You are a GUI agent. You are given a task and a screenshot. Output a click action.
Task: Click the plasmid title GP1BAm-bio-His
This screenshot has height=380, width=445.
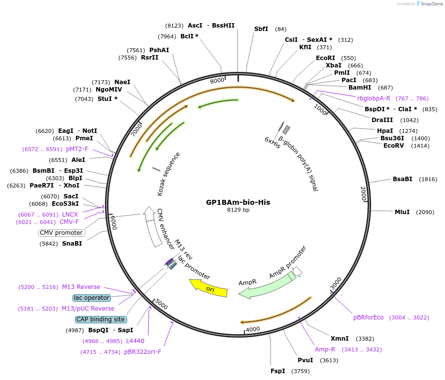click(x=238, y=202)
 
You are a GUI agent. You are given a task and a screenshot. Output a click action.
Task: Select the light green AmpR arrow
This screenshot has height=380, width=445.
click(x=266, y=286)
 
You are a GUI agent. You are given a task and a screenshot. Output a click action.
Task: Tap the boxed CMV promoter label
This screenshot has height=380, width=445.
click(x=62, y=233)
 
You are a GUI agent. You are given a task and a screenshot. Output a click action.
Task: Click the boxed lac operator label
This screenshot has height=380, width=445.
click(x=91, y=298)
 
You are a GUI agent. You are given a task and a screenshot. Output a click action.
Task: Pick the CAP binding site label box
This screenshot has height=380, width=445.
click(x=101, y=319)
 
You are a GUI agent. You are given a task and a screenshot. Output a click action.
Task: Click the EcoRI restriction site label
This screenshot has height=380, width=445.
click(x=326, y=58)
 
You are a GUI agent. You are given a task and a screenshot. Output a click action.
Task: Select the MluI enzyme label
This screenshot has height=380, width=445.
click(x=402, y=212)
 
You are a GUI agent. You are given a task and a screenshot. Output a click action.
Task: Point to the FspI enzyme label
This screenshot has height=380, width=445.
click(x=277, y=371)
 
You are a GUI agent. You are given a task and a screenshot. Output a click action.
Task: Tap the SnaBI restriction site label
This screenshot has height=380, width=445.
click(x=72, y=243)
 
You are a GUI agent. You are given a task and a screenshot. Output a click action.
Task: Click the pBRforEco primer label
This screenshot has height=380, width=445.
click(x=368, y=317)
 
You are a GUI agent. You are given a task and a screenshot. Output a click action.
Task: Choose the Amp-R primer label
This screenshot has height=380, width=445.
click(x=325, y=349)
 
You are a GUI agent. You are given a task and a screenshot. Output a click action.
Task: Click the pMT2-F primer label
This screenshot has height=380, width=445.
click(x=77, y=149)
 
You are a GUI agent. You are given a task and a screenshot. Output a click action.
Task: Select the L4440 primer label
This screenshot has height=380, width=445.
click(x=135, y=341)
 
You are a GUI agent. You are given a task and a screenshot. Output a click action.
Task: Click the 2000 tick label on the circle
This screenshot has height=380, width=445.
click(x=364, y=193)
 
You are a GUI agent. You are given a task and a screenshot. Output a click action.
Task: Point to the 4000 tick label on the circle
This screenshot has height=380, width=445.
click(x=253, y=329)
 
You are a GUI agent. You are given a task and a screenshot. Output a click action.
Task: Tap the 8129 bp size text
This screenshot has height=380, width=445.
click(x=238, y=210)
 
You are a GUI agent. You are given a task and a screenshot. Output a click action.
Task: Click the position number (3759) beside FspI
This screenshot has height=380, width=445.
click(x=302, y=371)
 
